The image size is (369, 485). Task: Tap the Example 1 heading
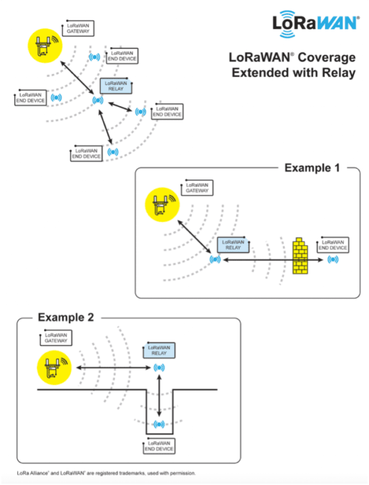[x=310, y=167]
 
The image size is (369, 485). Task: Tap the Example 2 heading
[x=66, y=318]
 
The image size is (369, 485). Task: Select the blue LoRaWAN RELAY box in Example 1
[x=234, y=246]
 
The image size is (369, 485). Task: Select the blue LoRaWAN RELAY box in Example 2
[x=159, y=350]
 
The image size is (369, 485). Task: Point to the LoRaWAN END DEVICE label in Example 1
[x=333, y=244]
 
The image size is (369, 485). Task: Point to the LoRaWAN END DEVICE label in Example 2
[x=159, y=446]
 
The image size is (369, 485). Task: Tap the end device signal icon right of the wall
[x=333, y=259]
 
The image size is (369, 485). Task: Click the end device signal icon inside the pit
[x=159, y=424]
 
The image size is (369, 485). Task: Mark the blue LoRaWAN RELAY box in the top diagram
[x=116, y=86]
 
